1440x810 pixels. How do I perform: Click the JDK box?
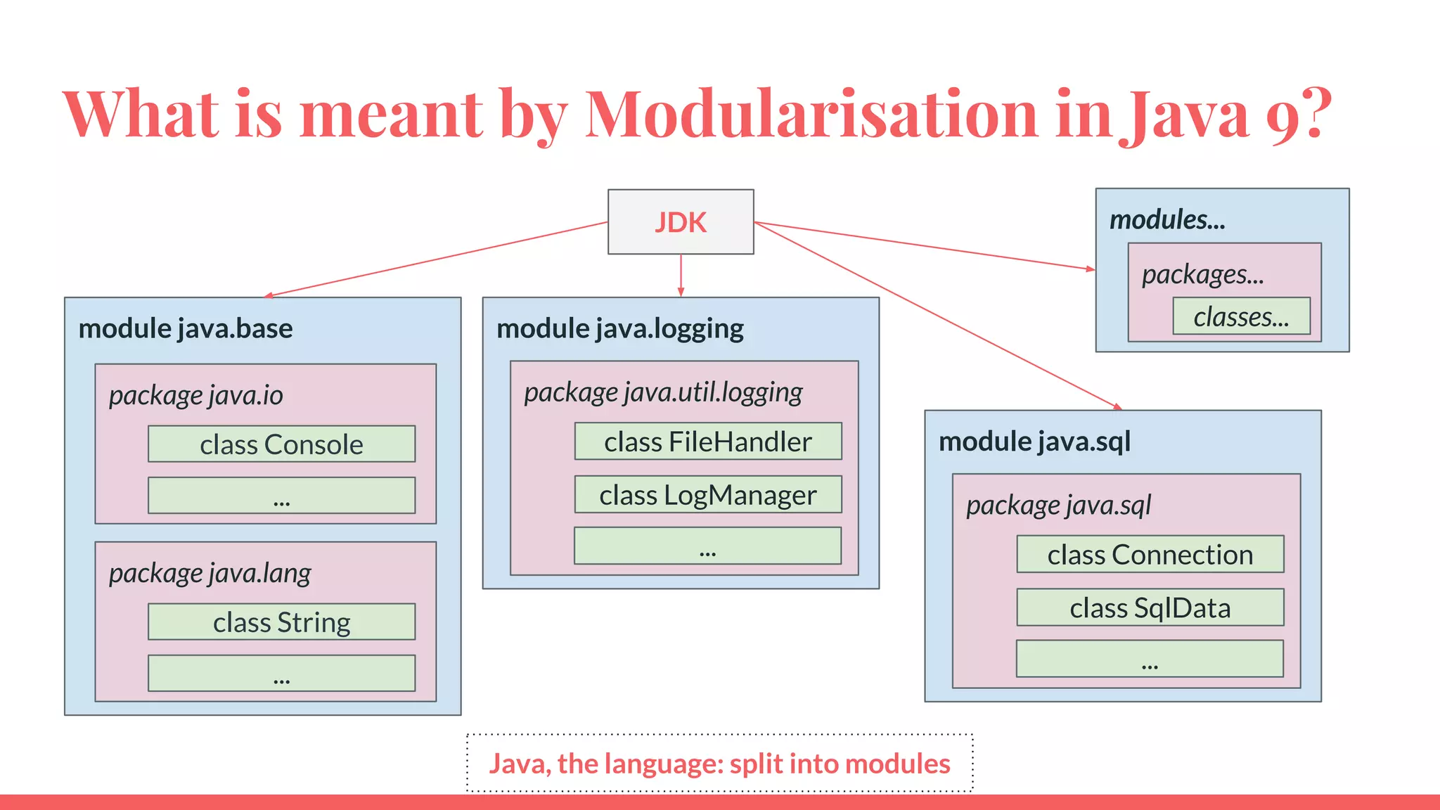(x=681, y=221)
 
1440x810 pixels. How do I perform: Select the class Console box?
(x=281, y=444)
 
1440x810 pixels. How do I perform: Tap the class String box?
(x=281, y=622)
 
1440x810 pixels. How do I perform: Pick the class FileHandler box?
(x=708, y=441)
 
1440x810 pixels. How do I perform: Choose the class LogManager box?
(x=708, y=494)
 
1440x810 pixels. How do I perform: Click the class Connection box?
(x=1150, y=554)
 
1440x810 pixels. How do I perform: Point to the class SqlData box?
(x=1150, y=607)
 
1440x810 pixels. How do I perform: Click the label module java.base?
(x=186, y=328)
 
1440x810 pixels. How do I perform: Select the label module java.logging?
(x=620, y=328)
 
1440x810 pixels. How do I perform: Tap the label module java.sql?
(x=1034, y=442)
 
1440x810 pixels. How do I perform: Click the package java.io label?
(x=195, y=395)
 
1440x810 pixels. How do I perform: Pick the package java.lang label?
(x=210, y=573)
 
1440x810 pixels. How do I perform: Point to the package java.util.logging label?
(x=663, y=392)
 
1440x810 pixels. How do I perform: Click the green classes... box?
(x=1241, y=316)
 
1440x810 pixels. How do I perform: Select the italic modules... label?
(x=1167, y=219)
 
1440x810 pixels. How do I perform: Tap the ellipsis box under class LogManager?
(x=707, y=546)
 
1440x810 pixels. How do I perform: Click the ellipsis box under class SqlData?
(x=1150, y=659)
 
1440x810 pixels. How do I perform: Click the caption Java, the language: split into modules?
(x=719, y=764)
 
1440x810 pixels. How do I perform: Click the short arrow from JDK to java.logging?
(x=681, y=276)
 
